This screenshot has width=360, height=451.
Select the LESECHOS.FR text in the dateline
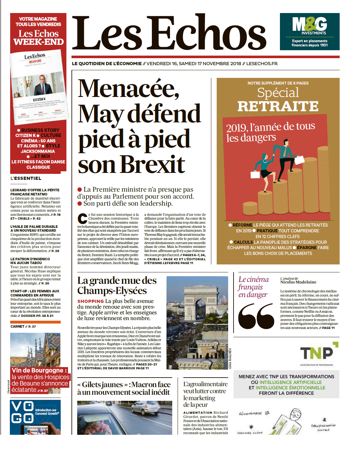click(262, 64)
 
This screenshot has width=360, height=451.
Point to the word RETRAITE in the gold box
click(278, 106)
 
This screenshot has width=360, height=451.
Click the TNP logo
click(317, 352)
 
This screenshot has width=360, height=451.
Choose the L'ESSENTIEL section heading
click(26, 178)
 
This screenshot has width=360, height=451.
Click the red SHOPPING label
click(91, 301)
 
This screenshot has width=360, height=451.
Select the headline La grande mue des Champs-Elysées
click(117, 285)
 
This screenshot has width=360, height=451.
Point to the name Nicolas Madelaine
click(298, 282)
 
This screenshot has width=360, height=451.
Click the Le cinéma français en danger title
click(253, 287)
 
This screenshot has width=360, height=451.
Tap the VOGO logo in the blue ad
click(22, 412)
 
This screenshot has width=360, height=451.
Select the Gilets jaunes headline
click(124, 388)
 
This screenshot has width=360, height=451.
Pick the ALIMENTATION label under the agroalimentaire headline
click(198, 413)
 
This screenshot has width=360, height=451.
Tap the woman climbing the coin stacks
click(263, 166)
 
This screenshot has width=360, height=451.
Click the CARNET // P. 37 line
click(23, 326)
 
